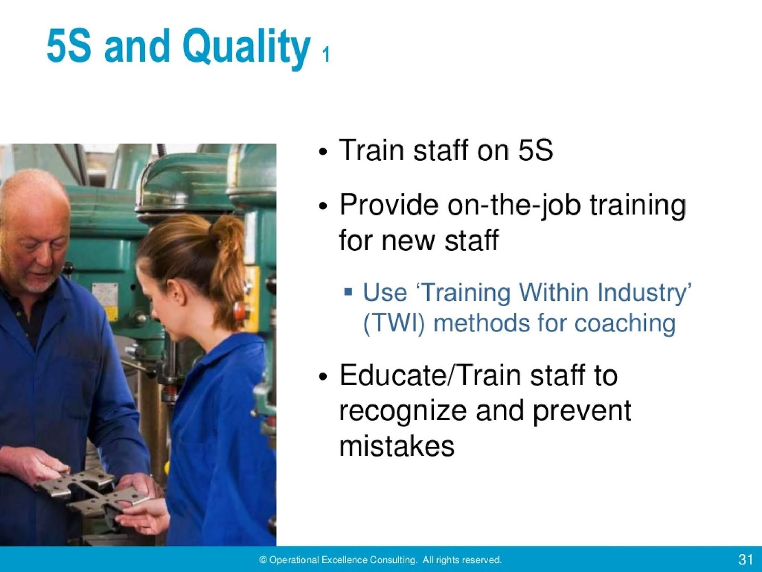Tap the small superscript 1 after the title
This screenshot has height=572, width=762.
pos(325,55)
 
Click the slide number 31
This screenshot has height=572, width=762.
pos(745,559)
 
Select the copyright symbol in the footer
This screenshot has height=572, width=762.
pos(263,560)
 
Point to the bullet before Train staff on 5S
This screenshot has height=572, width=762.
pos(323,153)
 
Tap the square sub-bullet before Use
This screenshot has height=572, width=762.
pos(349,291)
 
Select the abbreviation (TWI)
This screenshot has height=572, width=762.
pos(393,324)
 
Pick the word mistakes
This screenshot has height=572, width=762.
pos(397,447)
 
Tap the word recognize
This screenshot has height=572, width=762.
pos(402,411)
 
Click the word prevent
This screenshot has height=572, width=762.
pos(582,411)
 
